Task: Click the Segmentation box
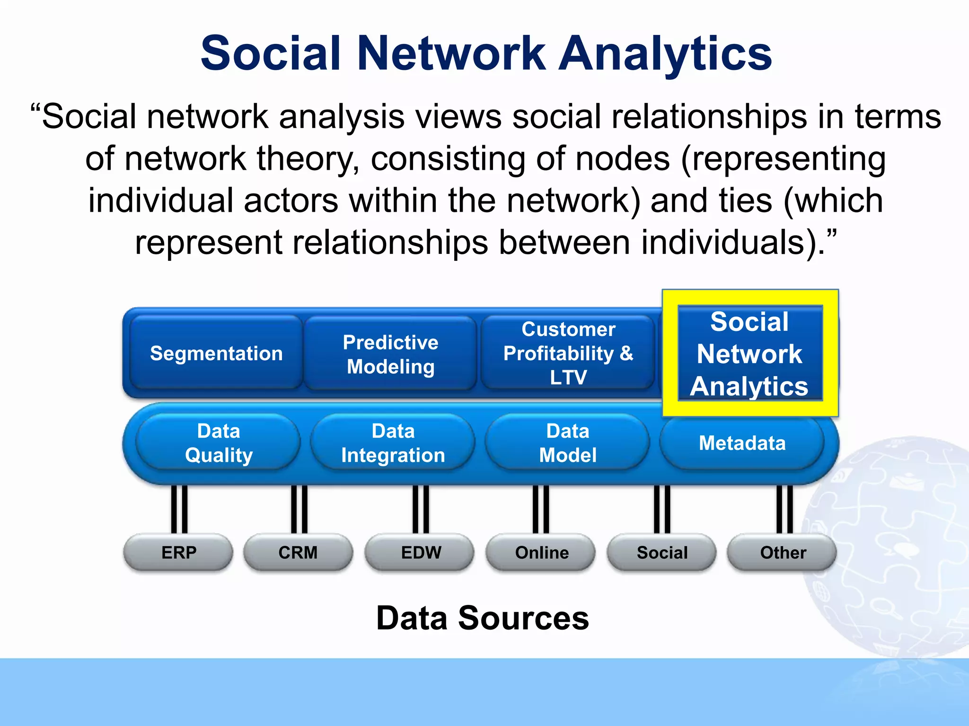(x=216, y=354)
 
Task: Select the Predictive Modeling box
(x=390, y=354)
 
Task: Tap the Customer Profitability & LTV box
(x=568, y=353)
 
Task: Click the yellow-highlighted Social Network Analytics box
(x=750, y=354)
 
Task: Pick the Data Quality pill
(x=219, y=443)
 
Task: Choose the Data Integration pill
(x=393, y=443)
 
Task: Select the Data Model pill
(x=567, y=443)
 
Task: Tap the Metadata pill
(x=742, y=443)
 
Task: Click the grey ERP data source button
(x=178, y=552)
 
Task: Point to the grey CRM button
(x=298, y=552)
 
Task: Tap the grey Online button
(x=541, y=552)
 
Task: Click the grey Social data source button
(x=662, y=552)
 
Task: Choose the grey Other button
(x=783, y=552)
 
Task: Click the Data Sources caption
(x=482, y=618)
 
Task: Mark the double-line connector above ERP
(x=179, y=509)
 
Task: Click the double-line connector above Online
(x=541, y=509)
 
